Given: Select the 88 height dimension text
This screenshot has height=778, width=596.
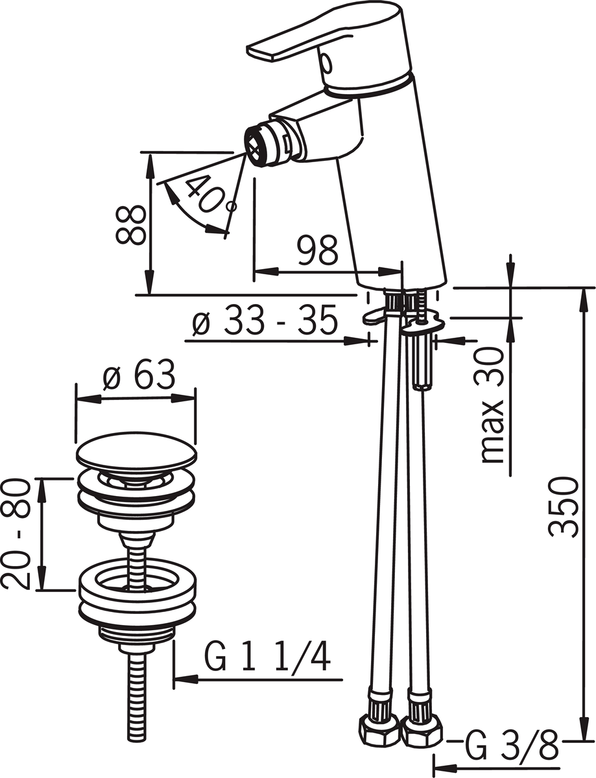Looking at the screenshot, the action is pyautogui.click(x=130, y=225).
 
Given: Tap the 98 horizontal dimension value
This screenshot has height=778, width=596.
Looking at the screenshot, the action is pyautogui.click(x=318, y=250).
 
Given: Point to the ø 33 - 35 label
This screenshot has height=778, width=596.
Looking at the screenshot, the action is pyautogui.click(x=265, y=320).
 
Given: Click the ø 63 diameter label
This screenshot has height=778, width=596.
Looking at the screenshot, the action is pyautogui.click(x=139, y=375).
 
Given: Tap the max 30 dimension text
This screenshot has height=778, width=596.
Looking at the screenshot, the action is pyautogui.click(x=492, y=406).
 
